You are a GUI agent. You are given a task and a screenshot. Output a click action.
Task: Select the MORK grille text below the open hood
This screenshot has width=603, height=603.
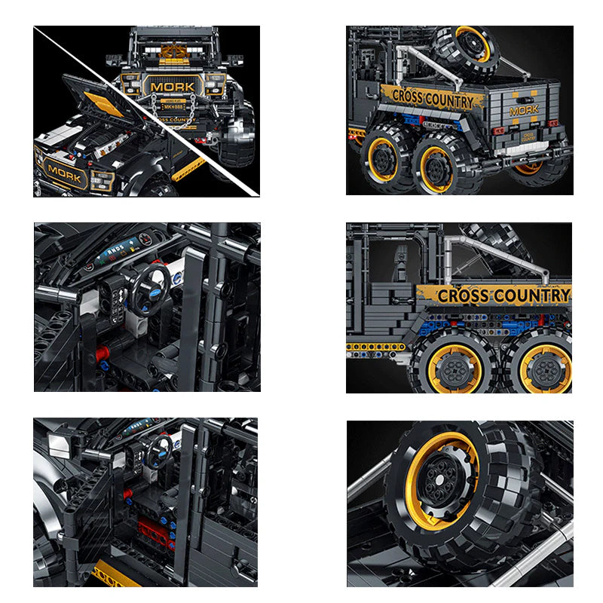tap(64, 171)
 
